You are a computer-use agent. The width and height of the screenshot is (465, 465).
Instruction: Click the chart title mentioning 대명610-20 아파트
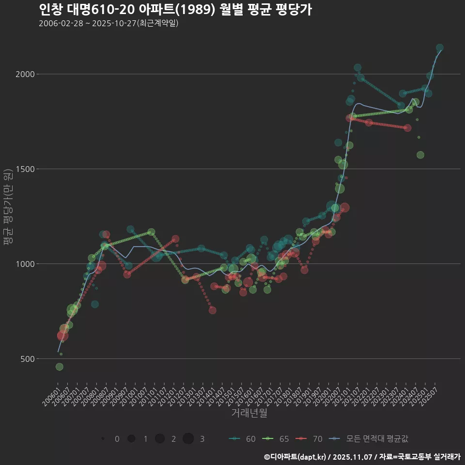pos(175,10)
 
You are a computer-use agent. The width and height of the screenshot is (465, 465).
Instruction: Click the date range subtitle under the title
pos(108,23)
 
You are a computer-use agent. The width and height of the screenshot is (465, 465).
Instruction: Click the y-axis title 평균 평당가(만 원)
pos(8,208)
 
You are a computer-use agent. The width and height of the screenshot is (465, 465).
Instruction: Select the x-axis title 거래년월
pos(249,413)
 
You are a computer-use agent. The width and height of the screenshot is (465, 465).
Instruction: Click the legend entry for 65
pos(277,439)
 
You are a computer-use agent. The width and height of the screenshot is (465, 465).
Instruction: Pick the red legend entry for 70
pos(310,439)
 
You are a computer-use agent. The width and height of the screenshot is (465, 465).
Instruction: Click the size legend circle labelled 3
pos(188,439)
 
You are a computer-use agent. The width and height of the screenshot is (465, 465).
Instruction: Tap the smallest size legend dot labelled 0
pos(103,439)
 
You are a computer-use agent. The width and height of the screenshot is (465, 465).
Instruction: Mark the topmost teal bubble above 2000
pos(440,48)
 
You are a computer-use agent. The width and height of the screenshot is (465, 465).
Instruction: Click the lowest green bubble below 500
pos(60,367)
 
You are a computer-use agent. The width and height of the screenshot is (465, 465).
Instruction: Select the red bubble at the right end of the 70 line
pos(407,128)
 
